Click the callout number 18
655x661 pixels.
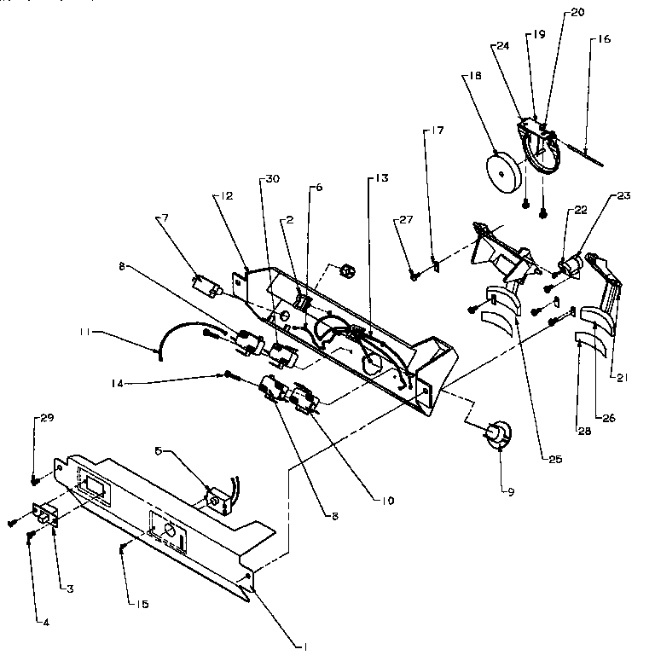pyautogui.click(x=475, y=77)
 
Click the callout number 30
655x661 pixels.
pyautogui.click(x=272, y=178)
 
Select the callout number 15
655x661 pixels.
pyautogui.click(x=142, y=605)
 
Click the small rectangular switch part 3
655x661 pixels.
pyautogui.click(x=43, y=518)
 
